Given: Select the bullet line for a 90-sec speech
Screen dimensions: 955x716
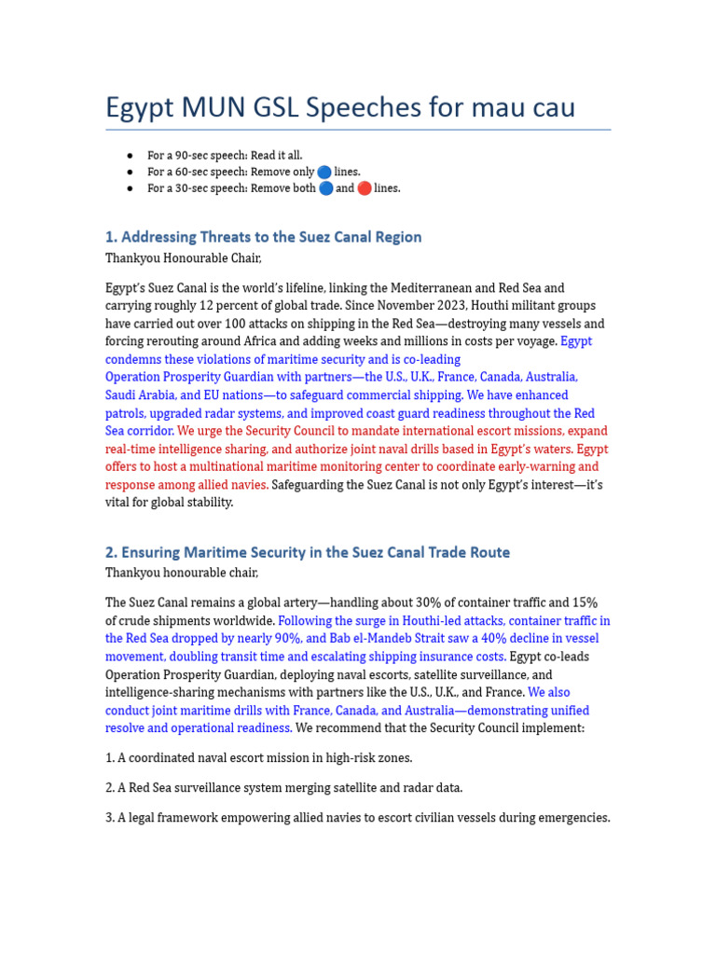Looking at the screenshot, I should point(225,156).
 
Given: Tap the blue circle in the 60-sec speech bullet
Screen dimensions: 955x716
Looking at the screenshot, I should point(324,172).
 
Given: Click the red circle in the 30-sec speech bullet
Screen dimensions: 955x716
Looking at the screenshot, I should point(364,188).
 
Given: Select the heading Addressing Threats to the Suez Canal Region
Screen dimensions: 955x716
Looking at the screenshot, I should point(264,237).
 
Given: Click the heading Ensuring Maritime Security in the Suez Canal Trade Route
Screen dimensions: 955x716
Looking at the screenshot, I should point(308,552).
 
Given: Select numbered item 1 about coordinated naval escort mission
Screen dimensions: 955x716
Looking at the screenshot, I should point(259,758).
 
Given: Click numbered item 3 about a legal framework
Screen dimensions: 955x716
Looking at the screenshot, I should point(358,818).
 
